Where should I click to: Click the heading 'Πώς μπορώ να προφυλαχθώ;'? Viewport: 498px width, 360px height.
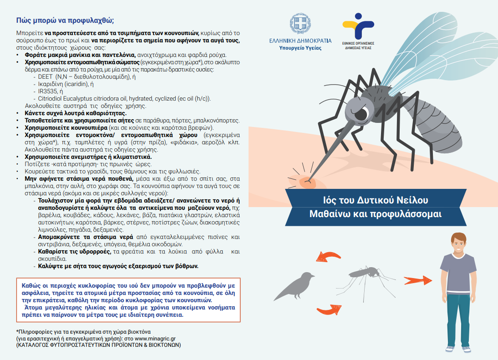(65, 20)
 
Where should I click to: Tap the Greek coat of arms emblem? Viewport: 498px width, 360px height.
(300, 25)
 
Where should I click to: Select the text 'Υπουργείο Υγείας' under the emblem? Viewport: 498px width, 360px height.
(300, 48)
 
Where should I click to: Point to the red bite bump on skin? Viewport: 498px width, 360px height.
(308, 182)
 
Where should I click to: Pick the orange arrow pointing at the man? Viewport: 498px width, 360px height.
(418, 280)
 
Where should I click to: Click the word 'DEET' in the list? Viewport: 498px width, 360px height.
(45, 77)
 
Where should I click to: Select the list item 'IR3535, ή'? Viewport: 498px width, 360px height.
(51, 91)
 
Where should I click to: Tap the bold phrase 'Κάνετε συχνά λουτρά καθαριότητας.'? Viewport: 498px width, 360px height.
(76, 113)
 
